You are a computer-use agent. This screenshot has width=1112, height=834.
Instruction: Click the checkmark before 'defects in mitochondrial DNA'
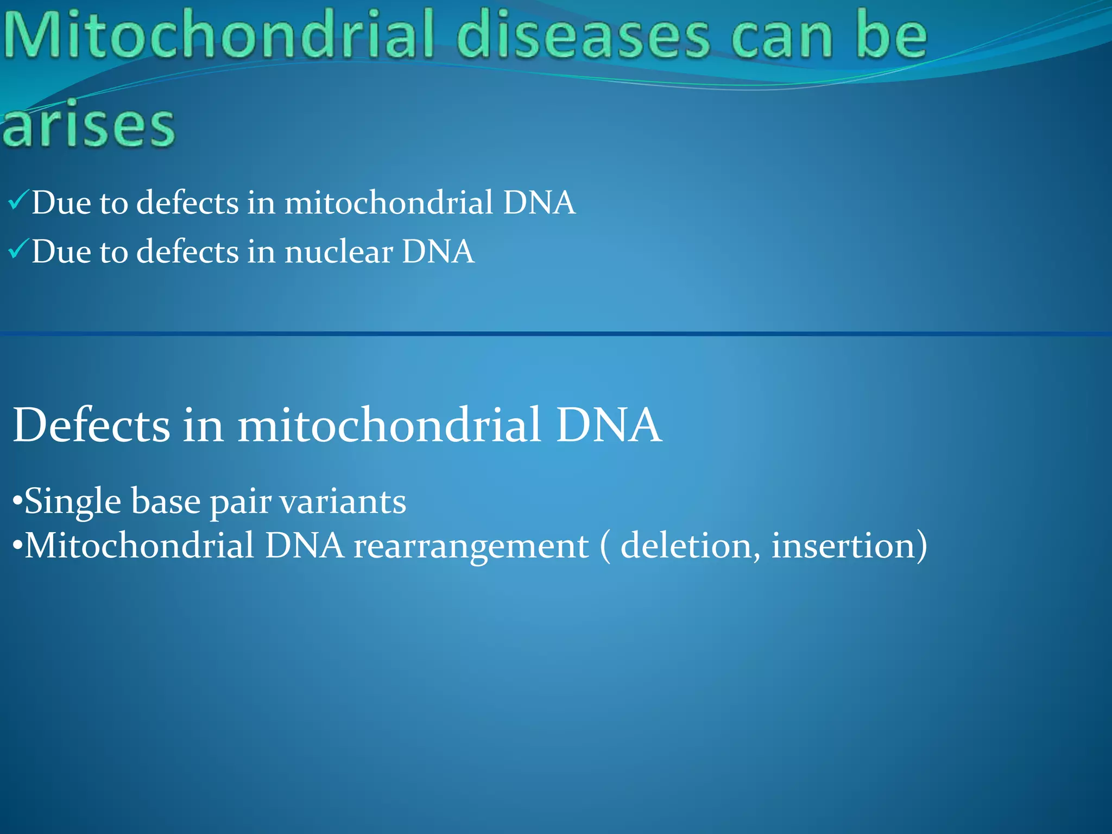[17, 202]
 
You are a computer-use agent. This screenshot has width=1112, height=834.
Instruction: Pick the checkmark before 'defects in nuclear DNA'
[17, 250]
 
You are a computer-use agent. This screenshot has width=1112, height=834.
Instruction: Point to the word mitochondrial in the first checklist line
[389, 203]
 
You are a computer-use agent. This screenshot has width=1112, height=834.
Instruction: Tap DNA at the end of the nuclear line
[438, 252]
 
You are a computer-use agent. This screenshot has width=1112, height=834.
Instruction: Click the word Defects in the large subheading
[91, 425]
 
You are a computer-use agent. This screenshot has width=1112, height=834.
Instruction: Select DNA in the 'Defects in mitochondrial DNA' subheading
[608, 425]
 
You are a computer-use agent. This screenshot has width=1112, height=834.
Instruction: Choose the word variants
[343, 502]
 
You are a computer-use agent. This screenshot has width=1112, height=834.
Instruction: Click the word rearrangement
[471, 546]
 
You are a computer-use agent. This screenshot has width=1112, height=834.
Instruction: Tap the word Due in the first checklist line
[61, 203]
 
